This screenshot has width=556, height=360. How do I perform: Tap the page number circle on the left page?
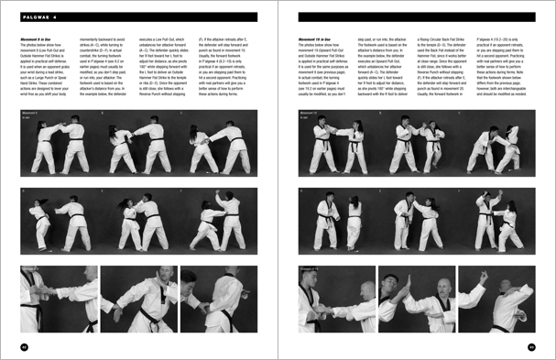coord(25,346)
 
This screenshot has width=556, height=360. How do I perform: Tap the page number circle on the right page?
coord(530,346)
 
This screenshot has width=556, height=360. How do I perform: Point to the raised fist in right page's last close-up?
coord(483,275)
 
